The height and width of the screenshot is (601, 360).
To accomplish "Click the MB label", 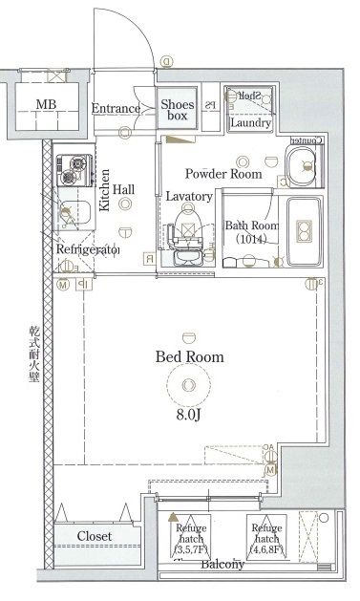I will pos(45,105).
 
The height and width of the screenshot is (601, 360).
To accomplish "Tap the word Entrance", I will pos(116,108).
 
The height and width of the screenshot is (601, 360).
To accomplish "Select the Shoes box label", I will pos(178,110).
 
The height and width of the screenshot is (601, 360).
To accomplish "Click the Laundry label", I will pos(251,122).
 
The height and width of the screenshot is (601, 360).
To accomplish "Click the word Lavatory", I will pos(188,196).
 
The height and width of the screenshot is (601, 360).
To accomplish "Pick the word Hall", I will pos(123,190).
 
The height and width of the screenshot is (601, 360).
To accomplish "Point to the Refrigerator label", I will pos(87,249).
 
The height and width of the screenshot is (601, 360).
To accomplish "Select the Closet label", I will pos(95,536).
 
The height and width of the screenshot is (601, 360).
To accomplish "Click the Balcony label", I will pos(222,565).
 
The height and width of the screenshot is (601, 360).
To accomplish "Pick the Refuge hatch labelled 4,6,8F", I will pos(266,538).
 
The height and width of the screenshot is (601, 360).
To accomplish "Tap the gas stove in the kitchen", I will pos(71,170).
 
